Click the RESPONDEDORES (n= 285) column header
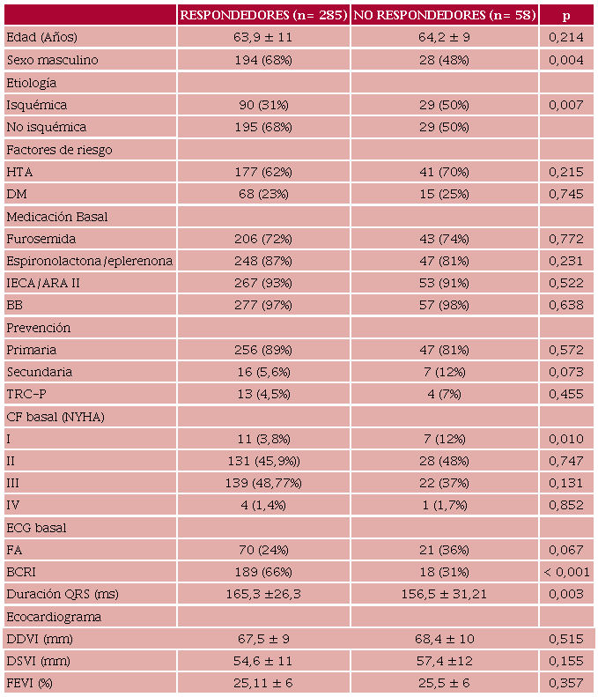pyautogui.click(x=263, y=15)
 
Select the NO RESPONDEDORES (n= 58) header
pyautogui.click(x=445, y=15)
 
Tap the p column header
pyautogui.click(x=567, y=15)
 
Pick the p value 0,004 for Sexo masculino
pyautogui.click(x=566, y=60)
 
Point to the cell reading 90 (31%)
pyautogui.click(x=263, y=105)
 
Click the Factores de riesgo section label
pyautogui.click(x=59, y=150)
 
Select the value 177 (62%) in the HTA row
pyautogui.click(x=263, y=172)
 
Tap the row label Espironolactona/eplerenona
pyautogui.click(x=89, y=261)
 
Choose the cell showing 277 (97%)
pyautogui.click(x=263, y=305)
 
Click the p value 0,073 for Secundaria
pyautogui.click(x=566, y=372)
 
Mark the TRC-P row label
pyautogui.click(x=26, y=394)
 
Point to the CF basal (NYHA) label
pyautogui.click(x=55, y=417)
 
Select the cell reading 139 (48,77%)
pyautogui.click(x=263, y=483)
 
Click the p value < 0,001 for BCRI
pyautogui.click(x=565, y=572)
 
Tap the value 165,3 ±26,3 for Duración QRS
pyautogui.click(x=263, y=594)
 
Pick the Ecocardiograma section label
pyautogui.click(x=54, y=617)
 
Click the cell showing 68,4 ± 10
pyautogui.click(x=445, y=638)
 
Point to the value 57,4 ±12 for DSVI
pyautogui.click(x=445, y=661)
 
